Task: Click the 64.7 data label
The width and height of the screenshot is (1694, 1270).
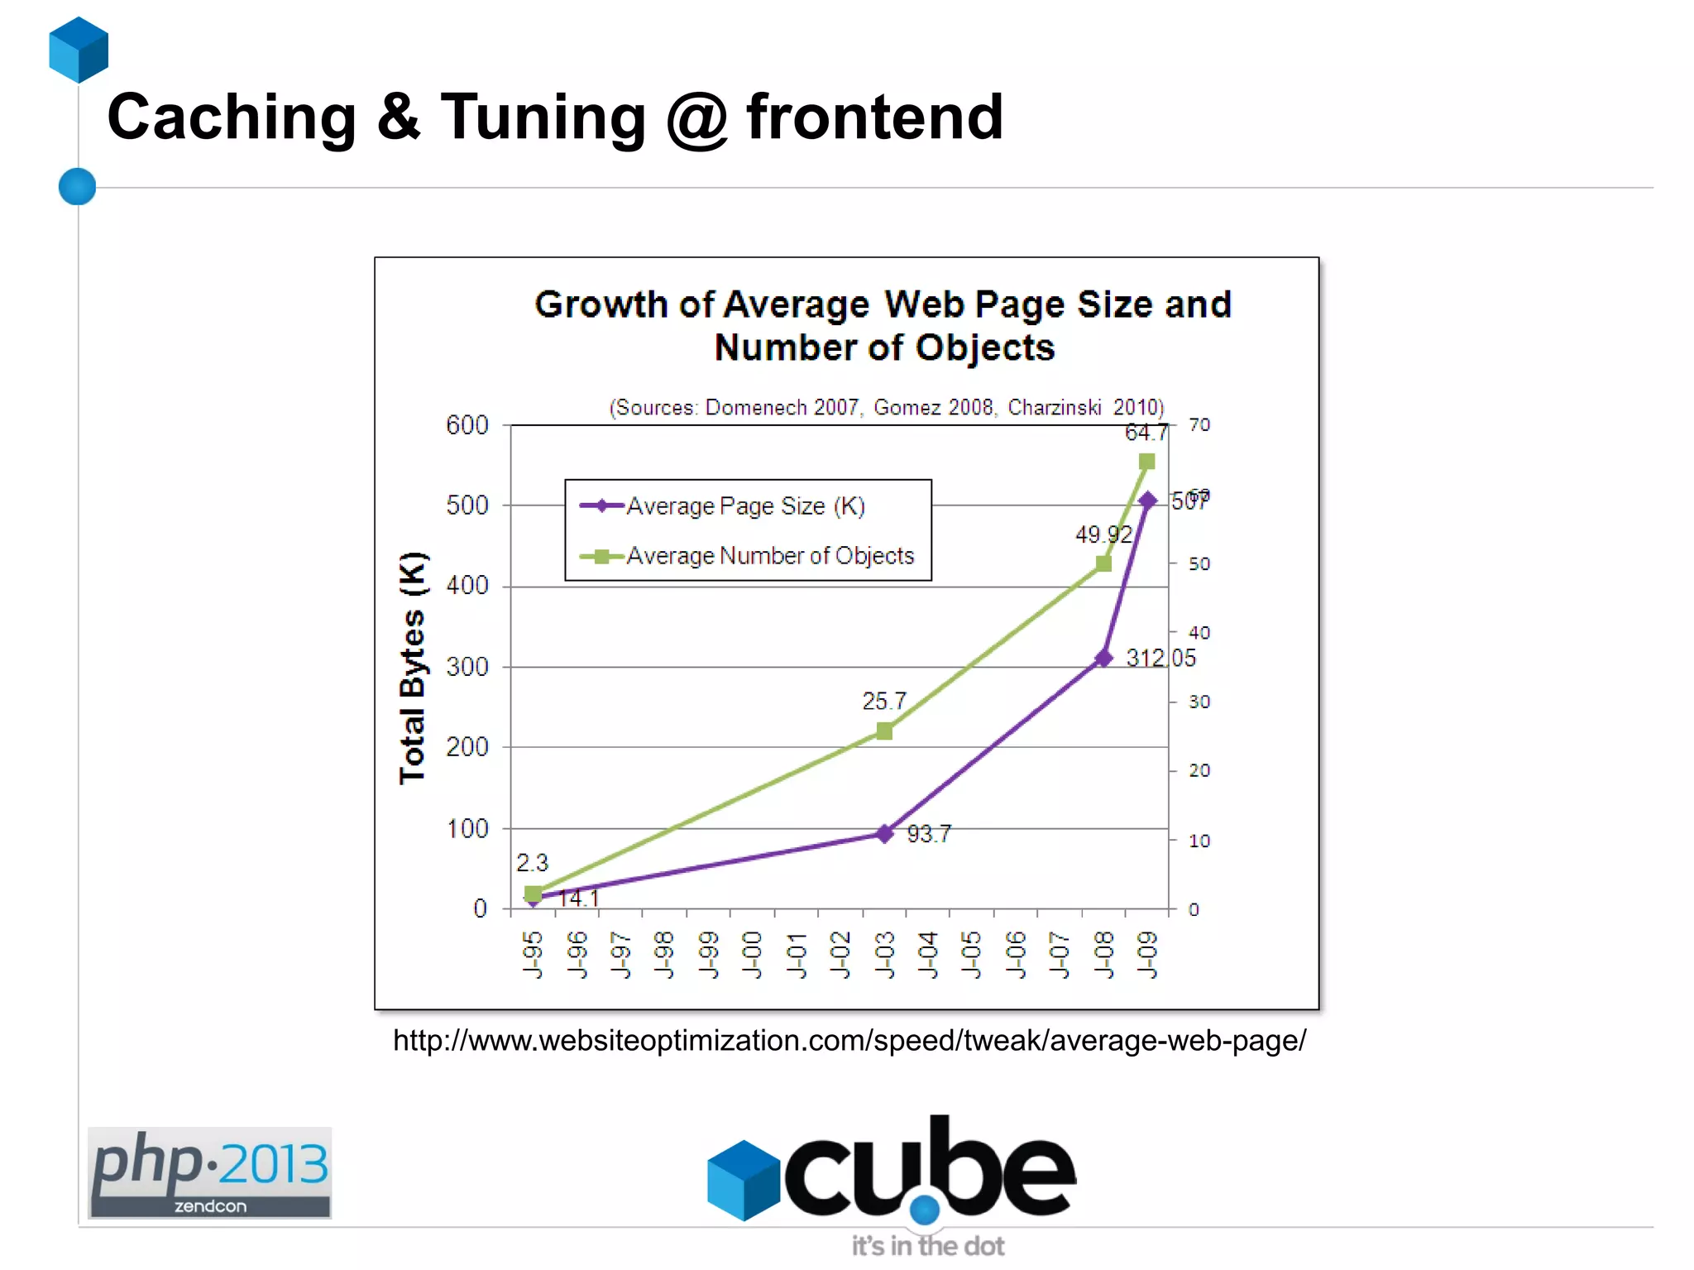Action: (1146, 433)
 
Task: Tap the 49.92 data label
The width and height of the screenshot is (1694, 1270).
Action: (1103, 534)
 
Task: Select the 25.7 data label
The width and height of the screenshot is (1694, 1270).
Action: (884, 702)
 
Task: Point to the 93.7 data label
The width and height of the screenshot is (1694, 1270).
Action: (929, 834)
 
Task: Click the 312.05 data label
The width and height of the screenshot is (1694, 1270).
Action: (1160, 659)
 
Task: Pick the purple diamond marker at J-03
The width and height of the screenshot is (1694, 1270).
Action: (884, 833)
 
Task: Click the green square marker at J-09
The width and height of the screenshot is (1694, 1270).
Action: (1146, 462)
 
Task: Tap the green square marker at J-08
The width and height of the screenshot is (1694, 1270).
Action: (1103, 563)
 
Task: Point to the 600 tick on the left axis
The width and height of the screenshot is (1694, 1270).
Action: (467, 425)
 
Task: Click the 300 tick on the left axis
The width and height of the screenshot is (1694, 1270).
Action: (467, 667)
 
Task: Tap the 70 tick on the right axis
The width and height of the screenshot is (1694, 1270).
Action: (1199, 425)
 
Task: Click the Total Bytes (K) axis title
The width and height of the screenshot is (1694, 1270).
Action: (413, 667)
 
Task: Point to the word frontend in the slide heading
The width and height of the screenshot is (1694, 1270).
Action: (875, 117)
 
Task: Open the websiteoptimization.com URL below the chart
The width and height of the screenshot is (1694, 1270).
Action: (849, 1041)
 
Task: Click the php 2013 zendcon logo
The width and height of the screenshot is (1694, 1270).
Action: (209, 1172)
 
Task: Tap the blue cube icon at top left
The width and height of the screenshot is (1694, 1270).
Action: (79, 50)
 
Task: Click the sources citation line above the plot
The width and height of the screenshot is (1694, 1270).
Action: (887, 407)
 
